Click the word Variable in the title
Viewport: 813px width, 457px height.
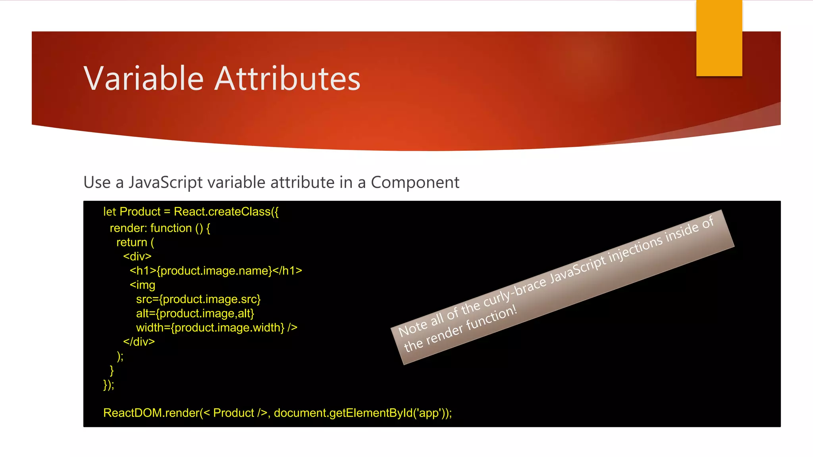coord(144,79)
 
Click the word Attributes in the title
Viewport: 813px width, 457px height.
coord(287,79)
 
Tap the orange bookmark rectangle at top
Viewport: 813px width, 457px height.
coord(719,38)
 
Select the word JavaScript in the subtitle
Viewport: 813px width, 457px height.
coord(166,182)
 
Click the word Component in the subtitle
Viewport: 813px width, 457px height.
coord(415,182)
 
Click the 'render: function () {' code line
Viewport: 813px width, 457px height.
coord(160,228)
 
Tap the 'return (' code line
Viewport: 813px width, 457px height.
coord(135,242)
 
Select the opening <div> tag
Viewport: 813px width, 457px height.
coord(137,257)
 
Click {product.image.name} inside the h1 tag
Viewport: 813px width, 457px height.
coord(214,271)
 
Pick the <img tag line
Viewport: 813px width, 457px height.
coord(142,285)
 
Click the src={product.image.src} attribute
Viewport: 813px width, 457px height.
coord(198,300)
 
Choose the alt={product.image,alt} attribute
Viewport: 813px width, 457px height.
coord(195,314)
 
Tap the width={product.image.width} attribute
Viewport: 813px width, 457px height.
coord(210,328)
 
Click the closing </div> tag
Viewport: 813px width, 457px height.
coord(139,342)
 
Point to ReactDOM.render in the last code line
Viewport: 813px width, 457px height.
coord(151,413)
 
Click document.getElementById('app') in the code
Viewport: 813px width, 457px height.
coord(359,413)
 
